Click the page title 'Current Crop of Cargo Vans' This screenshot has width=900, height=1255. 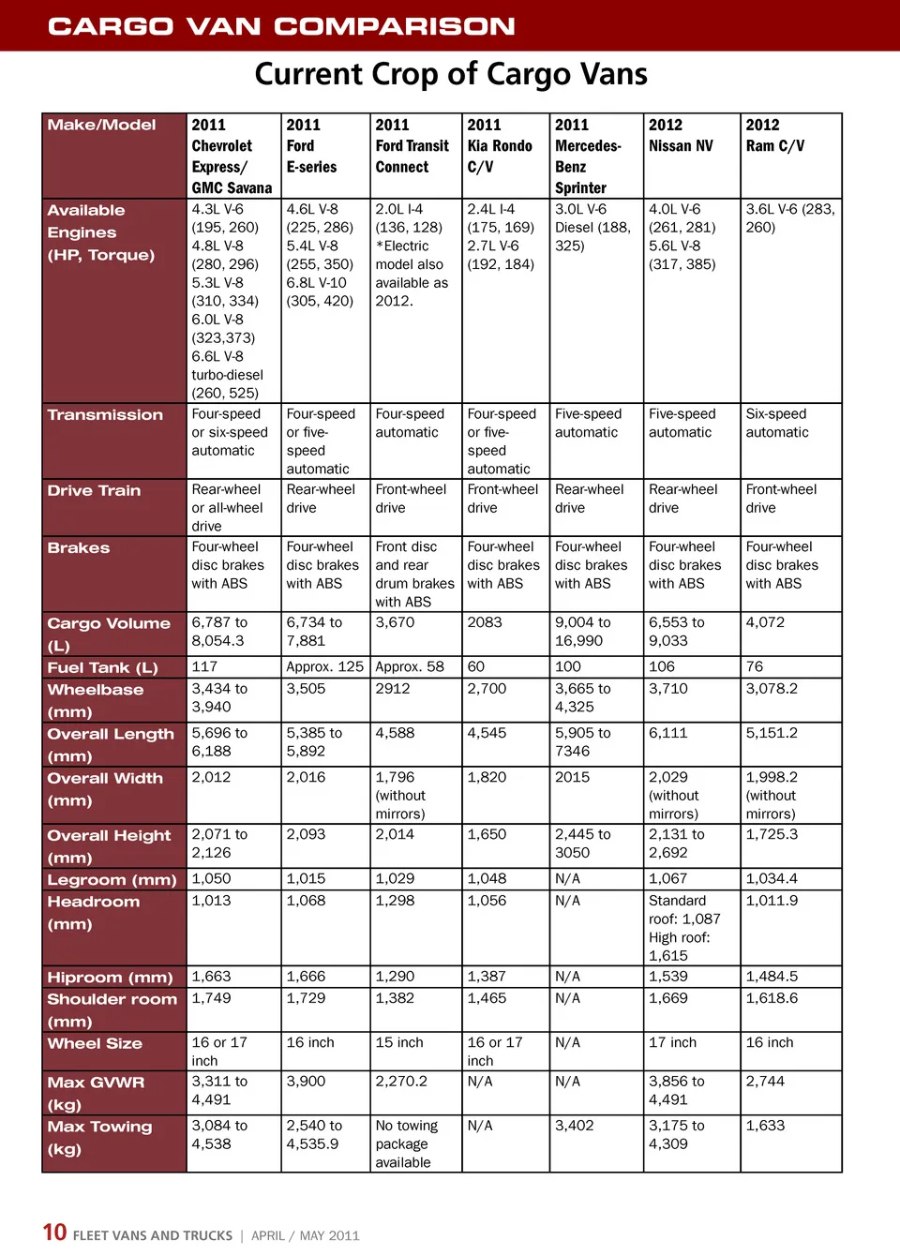click(x=451, y=74)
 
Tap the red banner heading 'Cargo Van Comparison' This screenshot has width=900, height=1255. click(x=281, y=25)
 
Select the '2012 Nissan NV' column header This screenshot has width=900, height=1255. click(x=681, y=136)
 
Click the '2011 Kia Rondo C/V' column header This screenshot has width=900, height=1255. click(x=500, y=146)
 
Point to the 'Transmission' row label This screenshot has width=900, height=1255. click(x=105, y=415)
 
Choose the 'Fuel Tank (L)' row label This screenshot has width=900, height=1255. click(x=103, y=667)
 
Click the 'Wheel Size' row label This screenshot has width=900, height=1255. click(x=95, y=1043)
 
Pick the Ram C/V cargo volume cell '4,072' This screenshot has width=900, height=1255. click(x=765, y=622)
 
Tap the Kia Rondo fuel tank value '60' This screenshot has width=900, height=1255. click(x=476, y=666)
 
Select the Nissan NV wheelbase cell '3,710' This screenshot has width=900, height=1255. click(x=668, y=689)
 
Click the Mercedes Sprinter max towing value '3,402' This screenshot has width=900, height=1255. click(x=575, y=1126)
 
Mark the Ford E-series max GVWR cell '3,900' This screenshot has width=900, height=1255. click(x=306, y=1082)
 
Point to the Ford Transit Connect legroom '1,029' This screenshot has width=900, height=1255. click(x=395, y=879)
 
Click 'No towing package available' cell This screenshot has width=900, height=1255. click(x=406, y=1143)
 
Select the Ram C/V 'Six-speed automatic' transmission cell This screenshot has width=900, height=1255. click(x=777, y=423)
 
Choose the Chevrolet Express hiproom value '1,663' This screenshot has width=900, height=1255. click(x=211, y=977)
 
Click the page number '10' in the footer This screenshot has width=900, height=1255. click(x=54, y=1233)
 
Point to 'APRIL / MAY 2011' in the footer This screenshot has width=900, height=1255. click(x=305, y=1235)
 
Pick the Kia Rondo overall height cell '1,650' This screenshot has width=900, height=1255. click(x=487, y=834)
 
